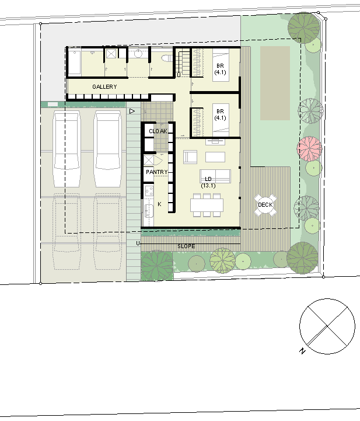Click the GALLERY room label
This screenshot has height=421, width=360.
104,87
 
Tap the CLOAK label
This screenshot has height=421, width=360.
158,131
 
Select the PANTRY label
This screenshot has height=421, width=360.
157,172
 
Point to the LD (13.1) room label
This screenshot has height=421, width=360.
208,182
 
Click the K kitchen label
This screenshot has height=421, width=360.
159,204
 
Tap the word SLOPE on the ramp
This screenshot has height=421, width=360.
186,246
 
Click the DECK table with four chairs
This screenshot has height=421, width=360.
265,205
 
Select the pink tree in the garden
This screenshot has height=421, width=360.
309,149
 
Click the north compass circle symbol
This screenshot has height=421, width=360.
327,326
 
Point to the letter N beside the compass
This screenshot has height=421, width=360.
303,351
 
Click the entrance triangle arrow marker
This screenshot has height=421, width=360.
132,111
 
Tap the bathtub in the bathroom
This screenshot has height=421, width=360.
74,62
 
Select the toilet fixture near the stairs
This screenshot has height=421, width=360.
167,58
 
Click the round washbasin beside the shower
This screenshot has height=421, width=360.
138,54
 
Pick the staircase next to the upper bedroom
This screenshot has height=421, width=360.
183,62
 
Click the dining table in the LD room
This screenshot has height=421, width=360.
207,206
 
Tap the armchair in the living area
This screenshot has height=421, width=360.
190,157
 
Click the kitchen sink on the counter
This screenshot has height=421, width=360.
149,210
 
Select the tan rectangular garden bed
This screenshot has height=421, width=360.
275,83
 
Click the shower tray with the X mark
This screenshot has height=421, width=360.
111,54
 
